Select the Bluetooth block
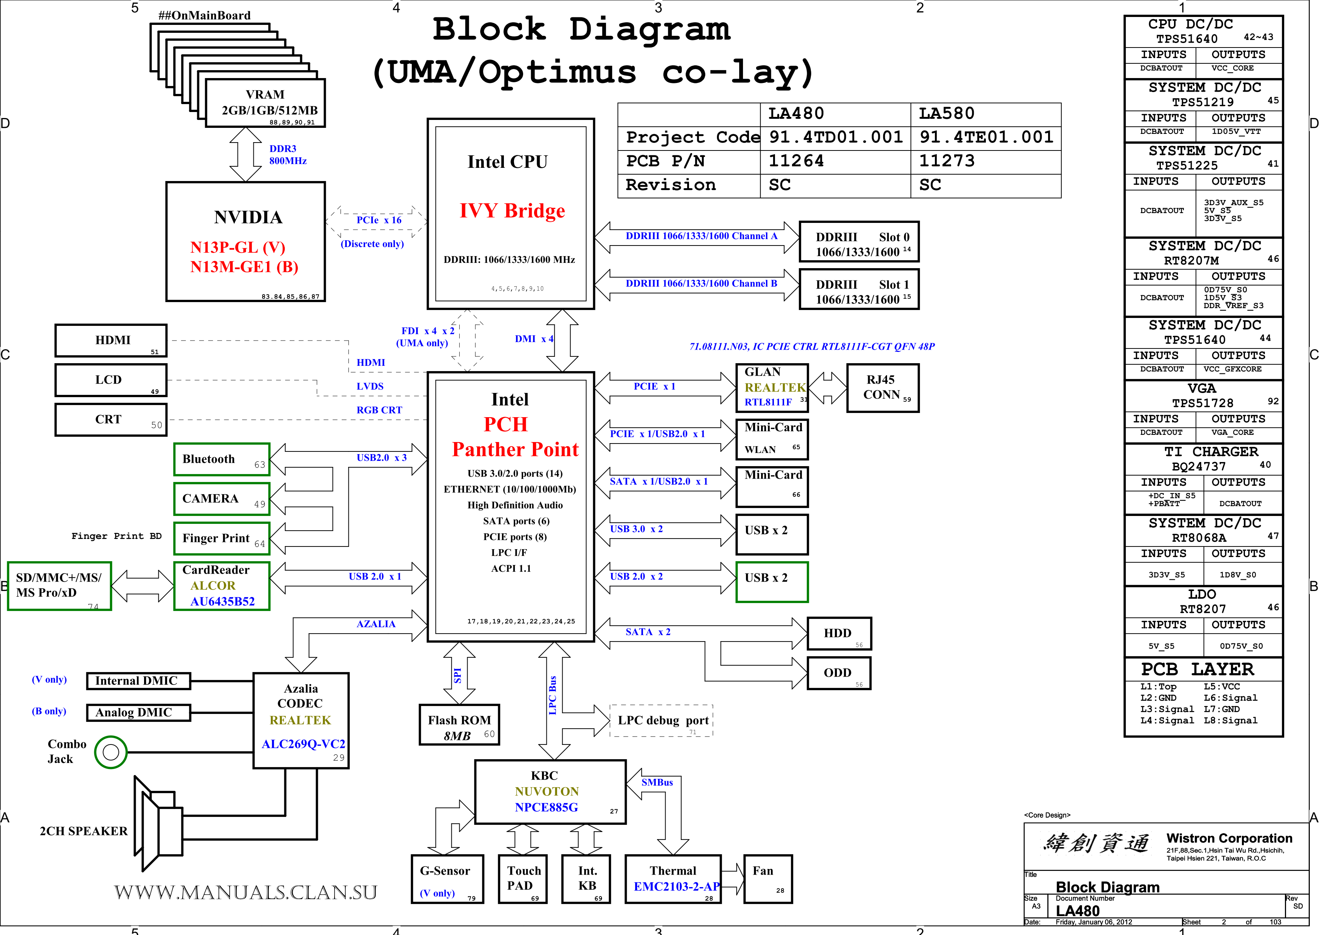point(222,459)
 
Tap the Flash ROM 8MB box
point(459,725)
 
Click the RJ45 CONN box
point(883,388)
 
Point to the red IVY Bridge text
point(512,211)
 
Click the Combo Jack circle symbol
point(111,752)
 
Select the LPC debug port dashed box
point(661,720)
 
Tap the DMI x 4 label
point(534,339)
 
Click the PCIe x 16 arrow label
point(379,220)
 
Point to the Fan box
point(768,878)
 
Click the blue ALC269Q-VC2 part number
point(303,744)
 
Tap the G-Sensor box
point(446,878)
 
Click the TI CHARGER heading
point(1211,451)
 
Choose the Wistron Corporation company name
point(1229,838)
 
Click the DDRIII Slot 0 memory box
point(859,241)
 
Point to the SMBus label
point(657,782)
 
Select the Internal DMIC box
point(138,681)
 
